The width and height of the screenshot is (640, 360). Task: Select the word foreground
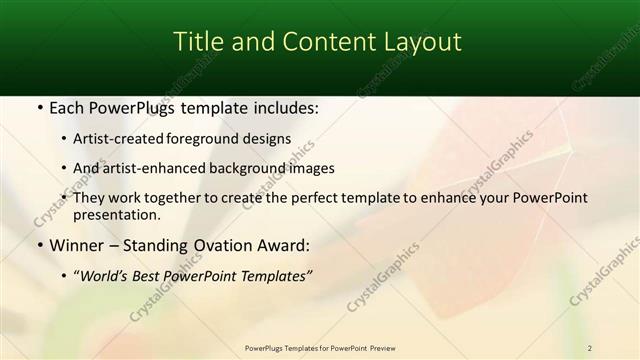[212, 139]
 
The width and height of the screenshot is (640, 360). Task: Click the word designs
[269, 139]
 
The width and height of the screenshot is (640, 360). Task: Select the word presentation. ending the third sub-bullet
[123, 214]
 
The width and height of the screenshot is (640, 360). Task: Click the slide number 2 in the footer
[590, 348]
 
